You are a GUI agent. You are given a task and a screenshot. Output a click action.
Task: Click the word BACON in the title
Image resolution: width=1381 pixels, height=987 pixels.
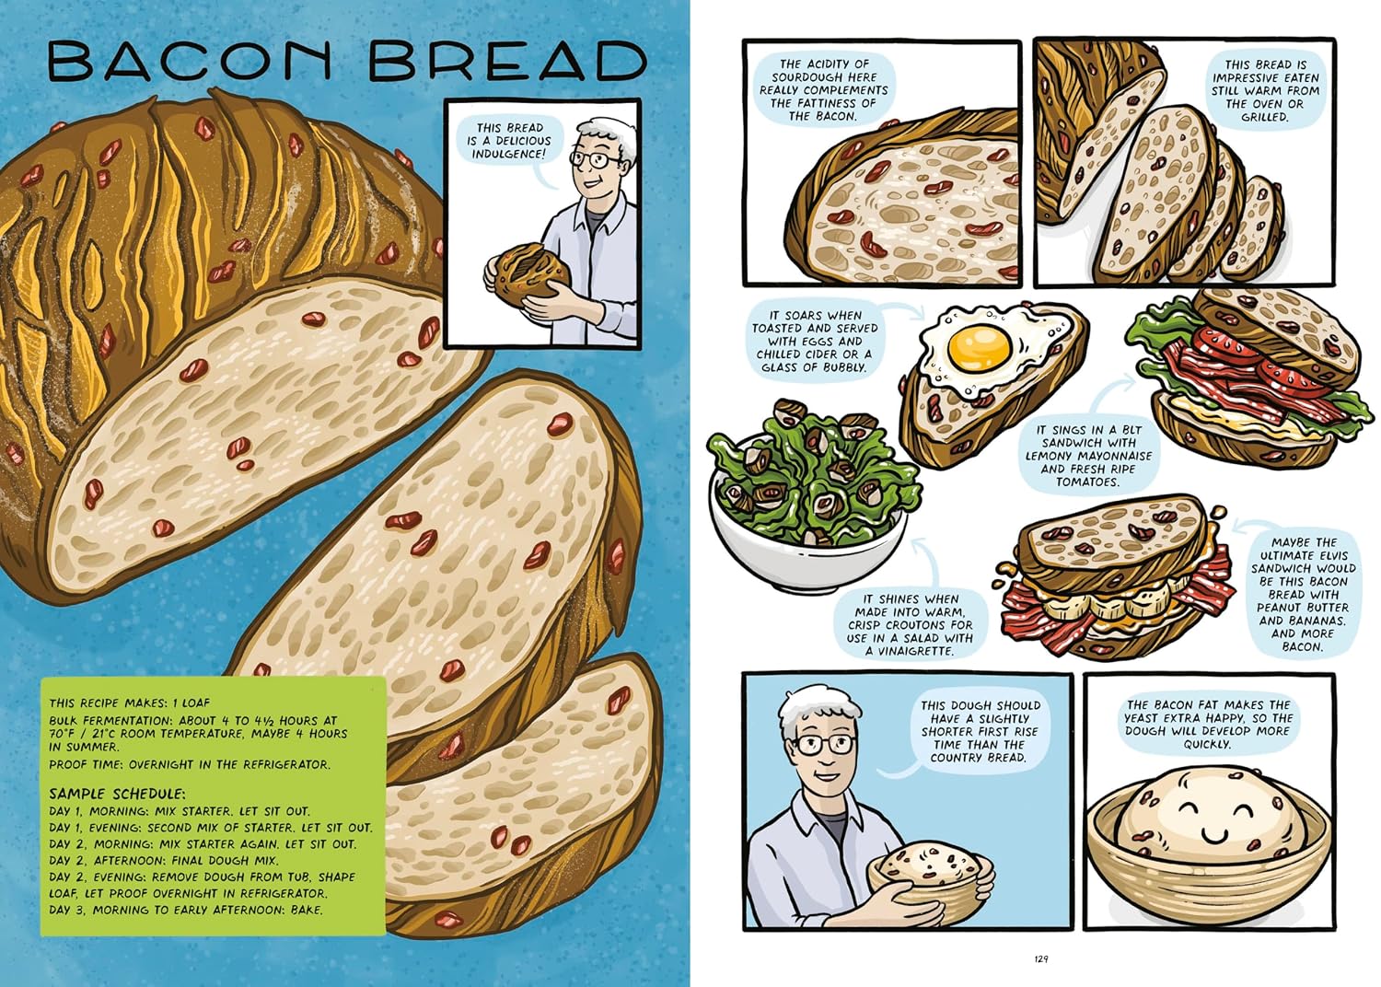[x=190, y=62]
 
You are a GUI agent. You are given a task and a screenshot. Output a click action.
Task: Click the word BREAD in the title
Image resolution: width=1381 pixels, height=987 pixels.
[x=510, y=62]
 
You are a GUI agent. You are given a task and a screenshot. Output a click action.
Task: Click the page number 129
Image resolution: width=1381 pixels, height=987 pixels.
[x=1041, y=958]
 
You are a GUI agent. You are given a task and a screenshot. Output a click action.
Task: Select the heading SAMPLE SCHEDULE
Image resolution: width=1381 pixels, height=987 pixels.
[x=117, y=794]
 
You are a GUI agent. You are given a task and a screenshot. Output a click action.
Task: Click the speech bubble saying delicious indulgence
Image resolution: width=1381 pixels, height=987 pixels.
[x=509, y=142]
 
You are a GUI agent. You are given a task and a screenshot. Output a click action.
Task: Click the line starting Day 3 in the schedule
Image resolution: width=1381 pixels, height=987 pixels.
[x=186, y=910]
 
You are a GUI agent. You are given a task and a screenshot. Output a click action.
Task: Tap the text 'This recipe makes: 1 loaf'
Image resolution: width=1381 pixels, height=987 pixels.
[x=130, y=703]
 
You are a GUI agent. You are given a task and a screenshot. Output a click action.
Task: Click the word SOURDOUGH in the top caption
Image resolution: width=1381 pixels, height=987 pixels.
[x=824, y=77]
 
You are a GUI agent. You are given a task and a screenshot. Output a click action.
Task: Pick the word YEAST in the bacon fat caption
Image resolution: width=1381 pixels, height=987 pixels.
[x=1145, y=717]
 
